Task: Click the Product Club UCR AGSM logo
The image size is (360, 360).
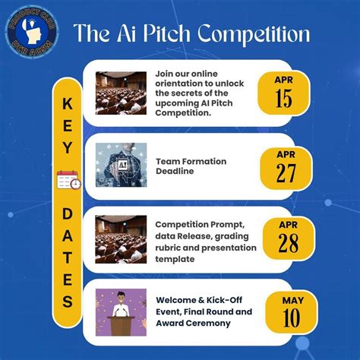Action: [x=32, y=33]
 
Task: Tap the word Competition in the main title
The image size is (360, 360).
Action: [x=254, y=35]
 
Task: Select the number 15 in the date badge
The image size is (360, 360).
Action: [x=283, y=98]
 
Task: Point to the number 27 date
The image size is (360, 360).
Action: [x=286, y=173]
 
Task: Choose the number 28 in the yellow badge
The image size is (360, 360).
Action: [x=289, y=243]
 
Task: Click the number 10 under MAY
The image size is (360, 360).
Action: [x=292, y=317]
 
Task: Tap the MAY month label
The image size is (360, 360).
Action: [x=293, y=301]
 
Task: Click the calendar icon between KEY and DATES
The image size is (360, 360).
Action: [x=68, y=180]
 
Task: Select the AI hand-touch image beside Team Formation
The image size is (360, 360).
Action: [x=121, y=165]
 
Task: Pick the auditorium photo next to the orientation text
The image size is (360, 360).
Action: [x=121, y=93]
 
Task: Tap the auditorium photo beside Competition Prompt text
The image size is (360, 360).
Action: [x=121, y=239]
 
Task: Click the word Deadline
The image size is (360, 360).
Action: [x=175, y=171]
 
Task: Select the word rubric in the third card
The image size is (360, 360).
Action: [x=168, y=248]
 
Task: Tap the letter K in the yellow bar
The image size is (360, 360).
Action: [x=68, y=104]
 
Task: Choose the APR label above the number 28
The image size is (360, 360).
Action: [x=289, y=225]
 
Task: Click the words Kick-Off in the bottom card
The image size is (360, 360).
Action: [x=224, y=300]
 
